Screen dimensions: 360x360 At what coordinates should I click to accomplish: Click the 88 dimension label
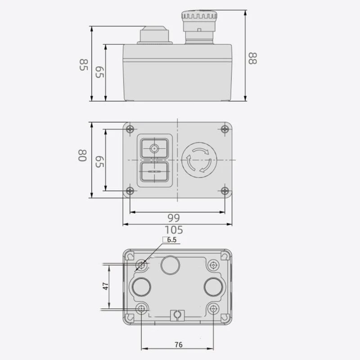pos(253,58)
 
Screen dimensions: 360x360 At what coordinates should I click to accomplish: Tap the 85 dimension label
pos(84,65)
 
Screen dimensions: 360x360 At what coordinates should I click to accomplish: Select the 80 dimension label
pos(82,156)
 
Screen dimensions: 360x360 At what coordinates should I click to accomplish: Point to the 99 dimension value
pos(174,218)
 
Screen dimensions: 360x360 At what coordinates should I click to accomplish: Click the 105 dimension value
pos(174,230)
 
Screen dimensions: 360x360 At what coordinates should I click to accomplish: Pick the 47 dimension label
pos(105,286)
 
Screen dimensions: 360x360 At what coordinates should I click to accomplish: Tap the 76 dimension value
pos(179,345)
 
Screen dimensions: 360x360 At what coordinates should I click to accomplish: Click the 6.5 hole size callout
pos(171,240)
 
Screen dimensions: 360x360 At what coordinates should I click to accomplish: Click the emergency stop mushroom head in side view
pos(199,15)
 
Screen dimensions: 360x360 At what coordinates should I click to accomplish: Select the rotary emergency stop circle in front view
pos(199,160)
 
